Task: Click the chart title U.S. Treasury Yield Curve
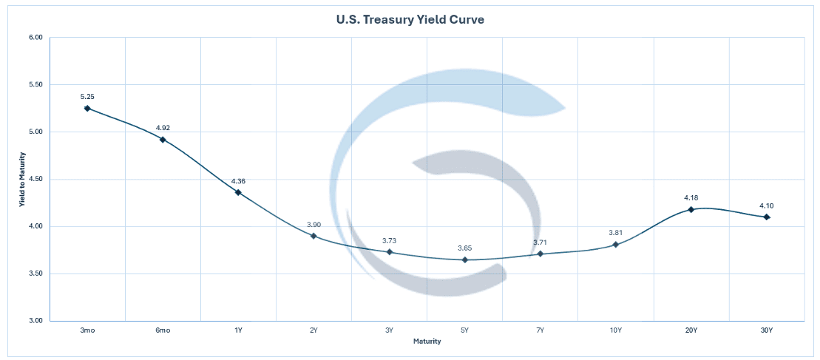point(410,20)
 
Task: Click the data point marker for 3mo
point(87,108)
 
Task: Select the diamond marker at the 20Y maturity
point(691,209)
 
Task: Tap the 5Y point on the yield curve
point(465,259)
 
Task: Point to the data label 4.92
point(163,128)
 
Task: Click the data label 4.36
point(238,181)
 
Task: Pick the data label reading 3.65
point(465,248)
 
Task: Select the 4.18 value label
point(691,198)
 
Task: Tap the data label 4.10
point(767,206)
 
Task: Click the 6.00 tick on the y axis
point(35,37)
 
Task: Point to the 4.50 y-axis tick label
point(35,179)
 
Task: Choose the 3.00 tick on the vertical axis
point(35,321)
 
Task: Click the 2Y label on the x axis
point(314,330)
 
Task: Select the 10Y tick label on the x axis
point(615,330)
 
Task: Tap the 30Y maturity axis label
point(767,330)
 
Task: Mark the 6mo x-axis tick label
point(163,330)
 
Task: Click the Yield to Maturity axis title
point(23,179)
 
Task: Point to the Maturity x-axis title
point(427,342)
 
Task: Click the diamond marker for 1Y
point(238,192)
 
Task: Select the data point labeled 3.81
point(615,245)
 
